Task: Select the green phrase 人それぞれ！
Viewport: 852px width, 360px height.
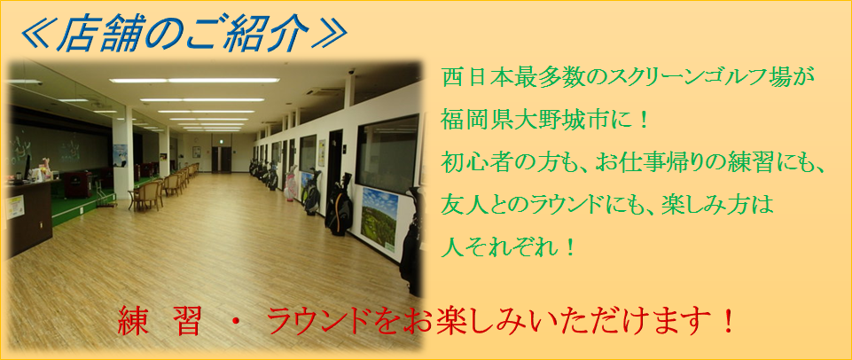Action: click(509, 247)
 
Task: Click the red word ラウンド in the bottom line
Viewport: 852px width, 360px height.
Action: click(322, 322)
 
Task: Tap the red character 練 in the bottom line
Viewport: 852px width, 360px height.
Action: click(131, 322)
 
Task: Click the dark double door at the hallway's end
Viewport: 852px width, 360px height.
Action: click(221, 159)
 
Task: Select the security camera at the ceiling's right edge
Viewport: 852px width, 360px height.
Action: click(352, 72)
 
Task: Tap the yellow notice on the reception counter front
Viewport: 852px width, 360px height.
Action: click(15, 207)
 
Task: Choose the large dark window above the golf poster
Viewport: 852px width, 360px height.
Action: click(387, 153)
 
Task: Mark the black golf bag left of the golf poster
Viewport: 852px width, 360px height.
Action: click(339, 206)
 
